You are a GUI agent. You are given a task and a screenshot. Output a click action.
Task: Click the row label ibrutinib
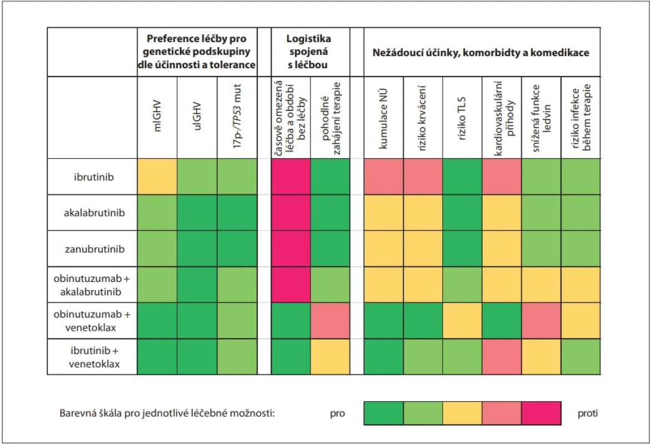coord(94,177)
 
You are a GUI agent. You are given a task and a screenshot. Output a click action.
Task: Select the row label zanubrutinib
coord(94,249)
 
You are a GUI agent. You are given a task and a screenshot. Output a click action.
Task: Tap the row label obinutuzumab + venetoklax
coord(92,321)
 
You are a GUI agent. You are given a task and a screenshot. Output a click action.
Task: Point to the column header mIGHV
coord(157,117)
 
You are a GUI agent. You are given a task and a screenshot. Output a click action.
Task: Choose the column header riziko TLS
coord(462,119)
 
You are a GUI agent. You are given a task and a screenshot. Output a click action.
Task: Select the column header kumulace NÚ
coord(383,119)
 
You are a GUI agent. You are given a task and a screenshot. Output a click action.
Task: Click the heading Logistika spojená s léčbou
coord(308,52)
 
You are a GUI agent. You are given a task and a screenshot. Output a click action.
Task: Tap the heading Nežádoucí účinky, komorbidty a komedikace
coord(481,53)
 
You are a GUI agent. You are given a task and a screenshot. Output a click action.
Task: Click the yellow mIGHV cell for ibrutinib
coord(157,177)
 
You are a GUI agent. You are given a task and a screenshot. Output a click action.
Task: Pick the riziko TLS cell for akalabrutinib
coord(463,213)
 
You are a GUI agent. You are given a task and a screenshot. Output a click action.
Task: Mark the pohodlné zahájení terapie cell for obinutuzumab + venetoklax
coord(330,321)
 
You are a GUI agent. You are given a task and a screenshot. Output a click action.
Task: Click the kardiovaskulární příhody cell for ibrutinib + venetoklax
coord(502,357)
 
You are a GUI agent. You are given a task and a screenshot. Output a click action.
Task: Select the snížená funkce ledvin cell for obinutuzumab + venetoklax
coord(542,321)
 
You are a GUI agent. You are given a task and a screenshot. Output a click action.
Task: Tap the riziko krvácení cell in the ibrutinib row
coord(423,177)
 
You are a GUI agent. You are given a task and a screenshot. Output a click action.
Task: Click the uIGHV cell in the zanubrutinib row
coord(197,249)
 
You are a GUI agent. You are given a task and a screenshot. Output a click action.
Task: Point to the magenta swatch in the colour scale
coord(542,413)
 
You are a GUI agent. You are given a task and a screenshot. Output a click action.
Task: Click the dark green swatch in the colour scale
coord(384,413)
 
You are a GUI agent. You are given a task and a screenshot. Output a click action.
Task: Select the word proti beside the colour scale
coord(588,413)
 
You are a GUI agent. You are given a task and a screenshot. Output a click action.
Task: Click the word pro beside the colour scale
coord(338,413)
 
